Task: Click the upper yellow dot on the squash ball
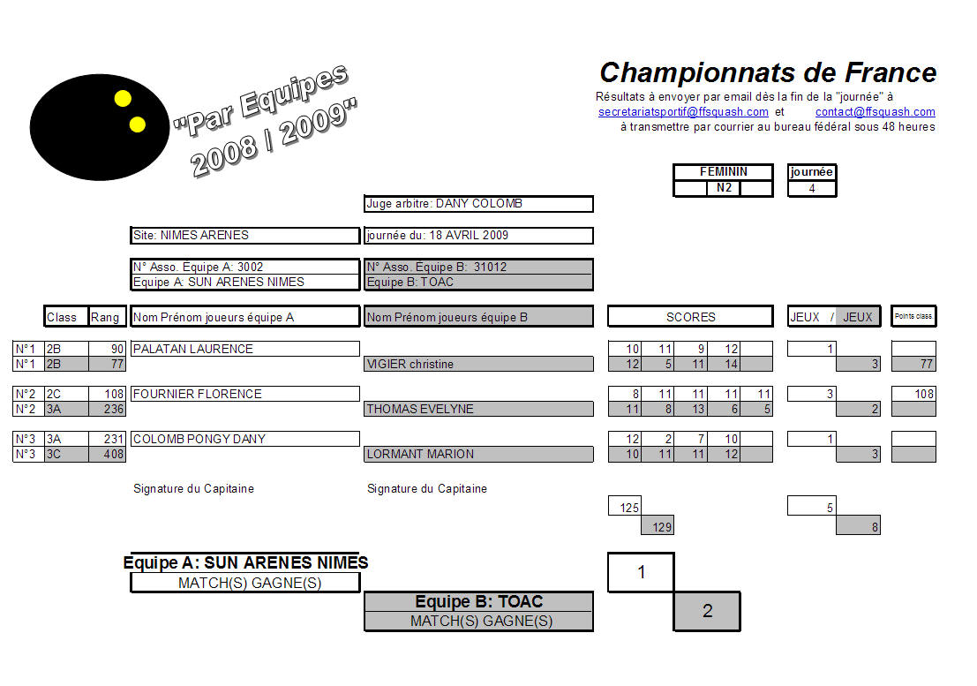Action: pyautogui.click(x=123, y=99)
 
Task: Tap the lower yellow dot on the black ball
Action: pyautogui.click(x=137, y=124)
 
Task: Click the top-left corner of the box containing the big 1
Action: pyautogui.click(x=608, y=554)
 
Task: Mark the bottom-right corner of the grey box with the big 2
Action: pyautogui.click(x=740, y=630)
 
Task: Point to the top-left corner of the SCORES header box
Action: pyautogui.click(x=608, y=306)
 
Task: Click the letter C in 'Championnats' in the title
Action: pyautogui.click(x=610, y=73)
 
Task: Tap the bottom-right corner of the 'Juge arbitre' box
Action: pyautogui.click(x=592, y=212)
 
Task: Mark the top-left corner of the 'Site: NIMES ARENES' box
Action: pyautogui.click(x=131, y=228)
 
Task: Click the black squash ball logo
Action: pyautogui.click(x=100, y=127)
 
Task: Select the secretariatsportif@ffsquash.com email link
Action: pyautogui.click(x=683, y=111)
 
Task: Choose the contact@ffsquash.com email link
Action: pyautogui.click(x=875, y=111)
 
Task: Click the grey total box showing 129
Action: pyautogui.click(x=658, y=526)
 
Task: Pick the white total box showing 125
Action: pyautogui.click(x=624, y=506)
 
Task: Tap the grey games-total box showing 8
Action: pyautogui.click(x=858, y=526)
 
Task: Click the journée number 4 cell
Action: pyautogui.click(x=812, y=188)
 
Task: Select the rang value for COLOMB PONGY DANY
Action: pyautogui.click(x=107, y=439)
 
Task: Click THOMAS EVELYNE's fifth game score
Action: pyautogui.click(x=756, y=409)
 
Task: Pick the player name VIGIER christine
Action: pyautogui.click(x=410, y=364)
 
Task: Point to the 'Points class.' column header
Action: pyautogui.click(x=913, y=316)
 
